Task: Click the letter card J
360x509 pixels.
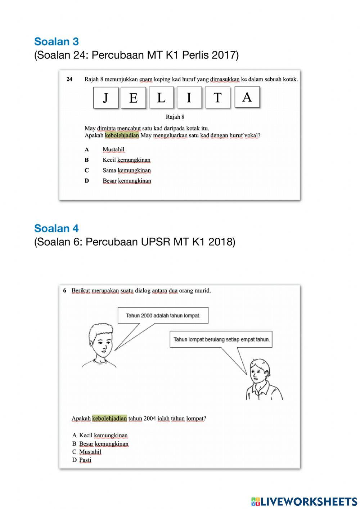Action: click(x=106, y=97)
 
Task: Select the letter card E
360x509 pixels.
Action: click(x=133, y=97)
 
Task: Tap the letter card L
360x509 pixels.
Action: click(x=161, y=97)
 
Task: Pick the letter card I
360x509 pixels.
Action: click(x=189, y=97)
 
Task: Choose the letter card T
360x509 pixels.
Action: click(x=217, y=97)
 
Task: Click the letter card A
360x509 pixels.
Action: click(x=247, y=97)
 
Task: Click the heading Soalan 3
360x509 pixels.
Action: click(x=57, y=41)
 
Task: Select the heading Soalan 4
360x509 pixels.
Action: click(x=57, y=228)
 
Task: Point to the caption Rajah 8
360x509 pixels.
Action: click(x=175, y=117)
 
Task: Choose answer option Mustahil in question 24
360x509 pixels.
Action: click(x=113, y=149)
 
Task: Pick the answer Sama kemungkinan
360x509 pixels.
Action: click(x=126, y=170)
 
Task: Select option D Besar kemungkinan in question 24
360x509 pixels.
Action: click(x=127, y=181)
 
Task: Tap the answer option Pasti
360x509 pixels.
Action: click(x=85, y=460)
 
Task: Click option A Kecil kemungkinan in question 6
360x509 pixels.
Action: click(x=103, y=436)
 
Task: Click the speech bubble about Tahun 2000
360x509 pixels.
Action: click(x=163, y=316)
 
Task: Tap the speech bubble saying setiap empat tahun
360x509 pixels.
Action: click(x=221, y=339)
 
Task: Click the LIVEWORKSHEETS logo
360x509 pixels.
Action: click(x=304, y=501)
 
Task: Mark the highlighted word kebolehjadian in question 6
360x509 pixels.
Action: click(x=109, y=419)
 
